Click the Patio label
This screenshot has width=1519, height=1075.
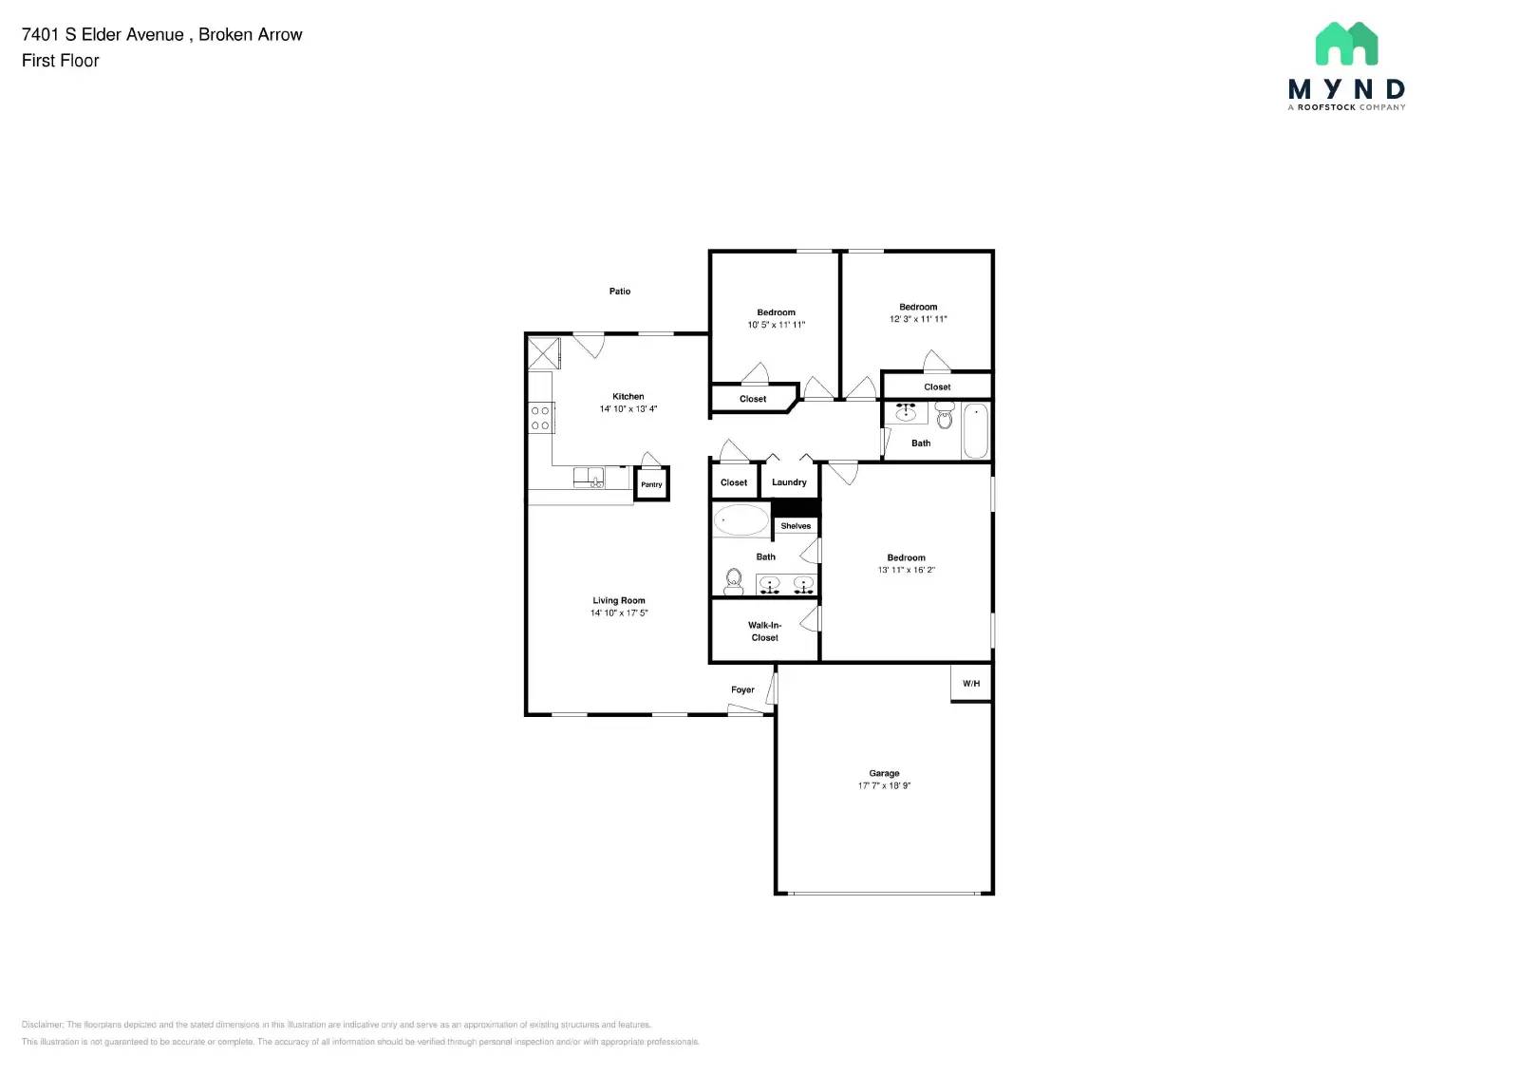[620, 292]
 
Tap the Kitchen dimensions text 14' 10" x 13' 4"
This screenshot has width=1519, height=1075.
[628, 409]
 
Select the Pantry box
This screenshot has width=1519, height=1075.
[651, 484]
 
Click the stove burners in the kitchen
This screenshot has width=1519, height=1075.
[541, 418]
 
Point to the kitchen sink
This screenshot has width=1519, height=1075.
[589, 477]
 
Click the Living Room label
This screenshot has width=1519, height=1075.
[619, 600]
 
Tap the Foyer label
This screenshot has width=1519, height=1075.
[742, 690]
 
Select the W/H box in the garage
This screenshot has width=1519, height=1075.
[971, 684]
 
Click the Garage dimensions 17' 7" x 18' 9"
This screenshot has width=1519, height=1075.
[884, 786]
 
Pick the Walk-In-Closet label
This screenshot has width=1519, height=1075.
[764, 632]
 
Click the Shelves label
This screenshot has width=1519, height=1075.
[796, 526]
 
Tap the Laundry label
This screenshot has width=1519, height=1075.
[789, 482]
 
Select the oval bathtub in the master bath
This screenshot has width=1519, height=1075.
[741, 520]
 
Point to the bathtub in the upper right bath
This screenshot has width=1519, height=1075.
[976, 431]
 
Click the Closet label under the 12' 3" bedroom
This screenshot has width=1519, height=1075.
[937, 387]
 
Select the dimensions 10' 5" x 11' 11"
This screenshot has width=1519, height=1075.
[776, 325]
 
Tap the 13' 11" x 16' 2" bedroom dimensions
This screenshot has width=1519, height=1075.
[906, 571]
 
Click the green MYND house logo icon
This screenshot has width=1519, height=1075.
[1346, 44]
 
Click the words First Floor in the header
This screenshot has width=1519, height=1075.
[61, 61]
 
